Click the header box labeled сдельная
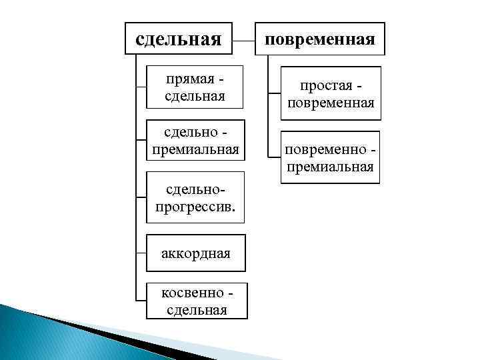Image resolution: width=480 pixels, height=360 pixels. pyautogui.click(x=179, y=39)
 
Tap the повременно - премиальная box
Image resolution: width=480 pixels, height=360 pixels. pyautogui.click(x=330, y=157)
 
